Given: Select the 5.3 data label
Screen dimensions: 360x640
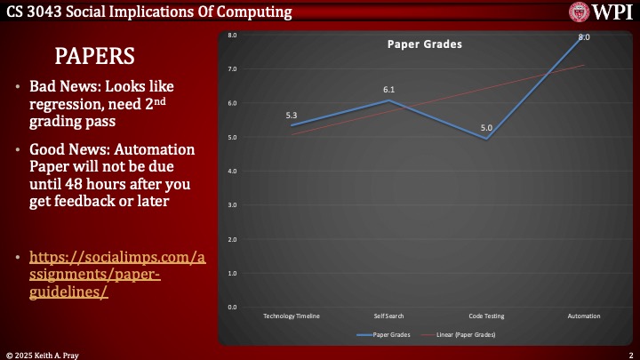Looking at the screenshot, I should click(x=292, y=116).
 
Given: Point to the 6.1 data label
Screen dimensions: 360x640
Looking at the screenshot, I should click(x=388, y=90).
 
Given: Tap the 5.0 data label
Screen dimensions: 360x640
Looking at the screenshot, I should click(x=486, y=128).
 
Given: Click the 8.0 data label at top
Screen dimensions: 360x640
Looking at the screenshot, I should click(x=584, y=37).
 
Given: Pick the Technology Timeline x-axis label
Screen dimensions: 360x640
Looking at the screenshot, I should click(x=292, y=316).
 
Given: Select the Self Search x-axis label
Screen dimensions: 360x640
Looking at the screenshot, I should click(x=388, y=316).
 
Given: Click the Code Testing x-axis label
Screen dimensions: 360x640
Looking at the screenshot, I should click(x=486, y=316).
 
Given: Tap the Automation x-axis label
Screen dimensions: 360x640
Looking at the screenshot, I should click(x=584, y=316).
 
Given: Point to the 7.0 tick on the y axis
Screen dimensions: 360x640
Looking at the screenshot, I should click(x=231, y=69).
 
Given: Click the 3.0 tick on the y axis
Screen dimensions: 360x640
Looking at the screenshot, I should click(x=231, y=205).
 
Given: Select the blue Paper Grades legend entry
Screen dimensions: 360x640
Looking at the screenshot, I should click(x=384, y=334).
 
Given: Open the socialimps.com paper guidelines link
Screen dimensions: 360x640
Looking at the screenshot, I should click(x=118, y=274).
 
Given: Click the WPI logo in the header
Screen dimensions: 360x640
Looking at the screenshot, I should click(x=602, y=12).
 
